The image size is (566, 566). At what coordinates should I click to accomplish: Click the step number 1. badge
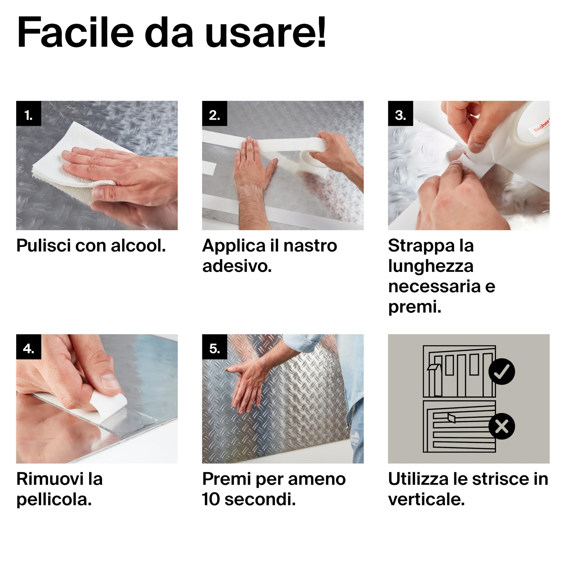pyautogui.click(x=29, y=113)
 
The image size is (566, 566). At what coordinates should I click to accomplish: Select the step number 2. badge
pyautogui.click(x=214, y=113)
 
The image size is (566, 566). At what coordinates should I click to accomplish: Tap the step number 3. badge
pyautogui.click(x=400, y=113)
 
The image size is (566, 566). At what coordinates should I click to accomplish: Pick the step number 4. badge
pyautogui.click(x=29, y=347)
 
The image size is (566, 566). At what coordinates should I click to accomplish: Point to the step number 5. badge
pyautogui.click(x=214, y=347)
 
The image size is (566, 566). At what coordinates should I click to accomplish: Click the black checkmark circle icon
pyautogui.click(x=501, y=371)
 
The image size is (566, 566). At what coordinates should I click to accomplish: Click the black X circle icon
pyautogui.click(x=501, y=426)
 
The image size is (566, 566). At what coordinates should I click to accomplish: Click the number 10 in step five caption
pyautogui.click(x=211, y=499)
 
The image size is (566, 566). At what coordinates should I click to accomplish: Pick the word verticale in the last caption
pyautogui.click(x=426, y=499)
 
